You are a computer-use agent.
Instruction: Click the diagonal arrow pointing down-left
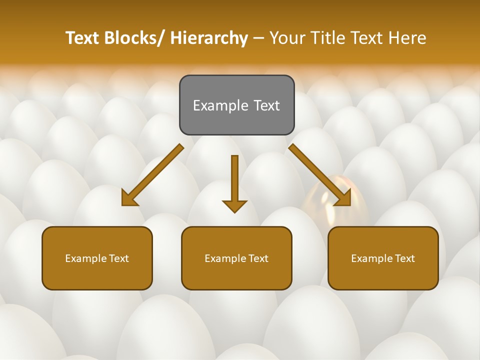(x=152, y=175)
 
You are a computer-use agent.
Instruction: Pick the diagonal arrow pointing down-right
(x=320, y=175)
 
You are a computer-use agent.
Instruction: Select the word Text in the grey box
(x=266, y=105)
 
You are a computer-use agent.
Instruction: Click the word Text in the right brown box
(x=404, y=258)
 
